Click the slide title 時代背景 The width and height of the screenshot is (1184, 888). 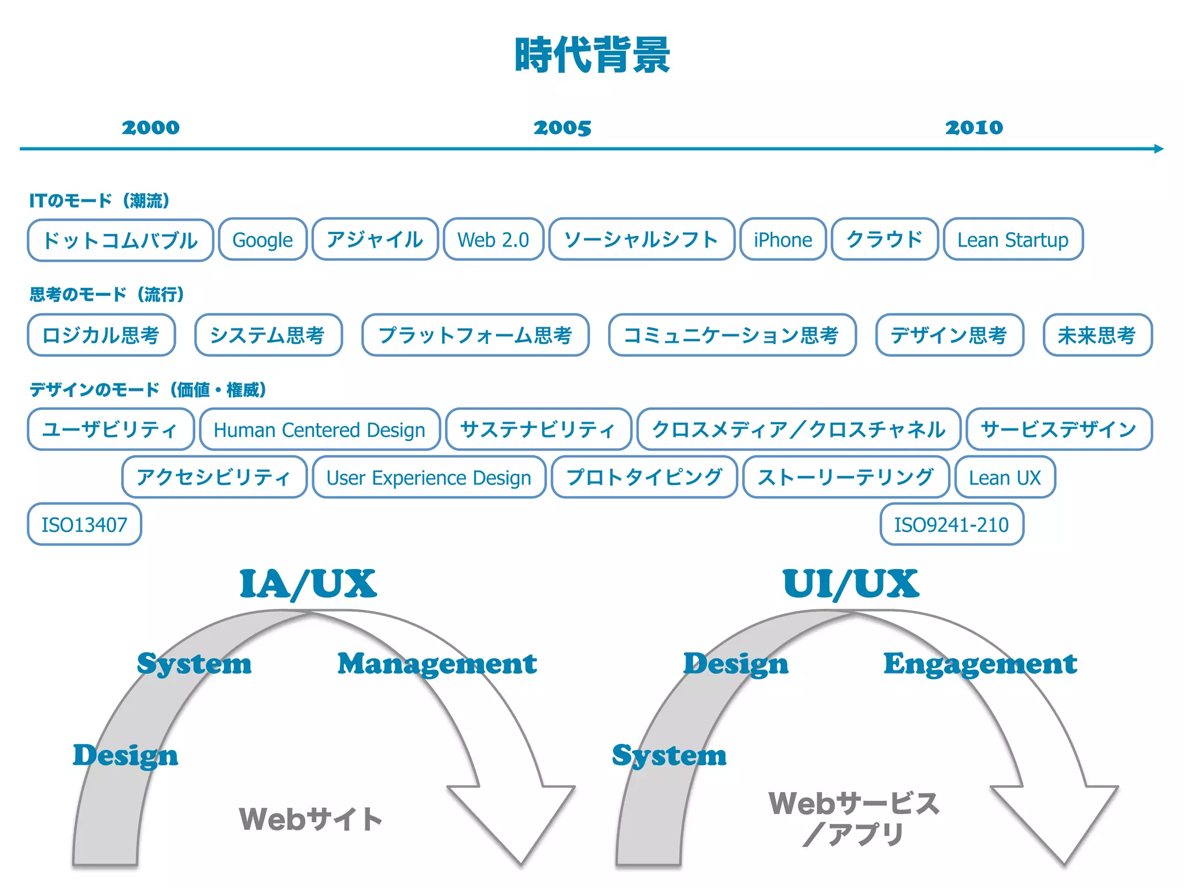click(x=592, y=55)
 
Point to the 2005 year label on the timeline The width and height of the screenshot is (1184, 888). click(x=562, y=128)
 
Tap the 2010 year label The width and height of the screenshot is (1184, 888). click(x=974, y=128)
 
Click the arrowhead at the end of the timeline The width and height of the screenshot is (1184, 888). click(x=1158, y=149)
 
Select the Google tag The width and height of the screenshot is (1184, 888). click(x=262, y=240)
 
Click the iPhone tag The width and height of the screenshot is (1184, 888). click(x=783, y=240)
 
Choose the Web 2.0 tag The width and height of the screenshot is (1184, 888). click(x=493, y=240)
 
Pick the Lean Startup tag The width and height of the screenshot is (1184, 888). click(x=1013, y=240)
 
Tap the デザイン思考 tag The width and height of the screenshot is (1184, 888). click(x=949, y=335)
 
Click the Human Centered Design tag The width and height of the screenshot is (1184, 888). click(x=320, y=430)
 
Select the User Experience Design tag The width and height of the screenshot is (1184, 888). click(x=429, y=478)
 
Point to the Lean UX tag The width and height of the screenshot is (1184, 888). click(x=1005, y=478)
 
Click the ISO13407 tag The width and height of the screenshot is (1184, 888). click(x=84, y=525)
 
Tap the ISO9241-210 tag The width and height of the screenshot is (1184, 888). click(x=952, y=525)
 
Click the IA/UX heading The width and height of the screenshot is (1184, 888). click(x=308, y=584)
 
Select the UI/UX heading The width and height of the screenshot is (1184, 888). click(x=850, y=584)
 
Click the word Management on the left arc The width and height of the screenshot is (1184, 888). click(x=437, y=664)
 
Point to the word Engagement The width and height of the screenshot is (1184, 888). click(x=980, y=664)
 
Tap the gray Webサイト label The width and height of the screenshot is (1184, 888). click(x=310, y=819)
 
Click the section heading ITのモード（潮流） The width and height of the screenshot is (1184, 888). click(x=99, y=201)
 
